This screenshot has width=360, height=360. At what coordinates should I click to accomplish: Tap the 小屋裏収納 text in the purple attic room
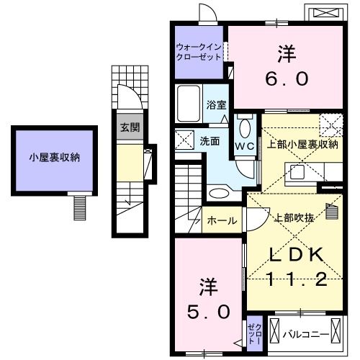54,156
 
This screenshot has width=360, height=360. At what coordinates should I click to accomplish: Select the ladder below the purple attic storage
78,208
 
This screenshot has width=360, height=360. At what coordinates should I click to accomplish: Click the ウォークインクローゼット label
199,52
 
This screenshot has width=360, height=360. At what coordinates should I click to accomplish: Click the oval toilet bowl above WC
244,127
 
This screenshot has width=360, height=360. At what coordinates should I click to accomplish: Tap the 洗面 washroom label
210,141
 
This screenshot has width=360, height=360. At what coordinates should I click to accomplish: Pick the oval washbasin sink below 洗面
216,192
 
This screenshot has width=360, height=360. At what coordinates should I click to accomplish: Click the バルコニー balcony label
306,335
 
